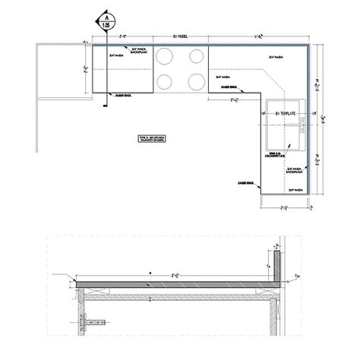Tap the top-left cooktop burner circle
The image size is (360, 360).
point(165,55)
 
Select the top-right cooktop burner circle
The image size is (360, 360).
point(196,55)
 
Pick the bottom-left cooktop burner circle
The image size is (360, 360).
point(165,81)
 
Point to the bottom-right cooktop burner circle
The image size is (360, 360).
point(196,81)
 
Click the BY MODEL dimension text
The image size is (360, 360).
point(180,36)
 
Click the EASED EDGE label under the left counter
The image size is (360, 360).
point(123,95)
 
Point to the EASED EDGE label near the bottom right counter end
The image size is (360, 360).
point(245,183)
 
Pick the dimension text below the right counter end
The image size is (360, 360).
point(286,207)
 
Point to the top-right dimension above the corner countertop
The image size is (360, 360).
point(258,36)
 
